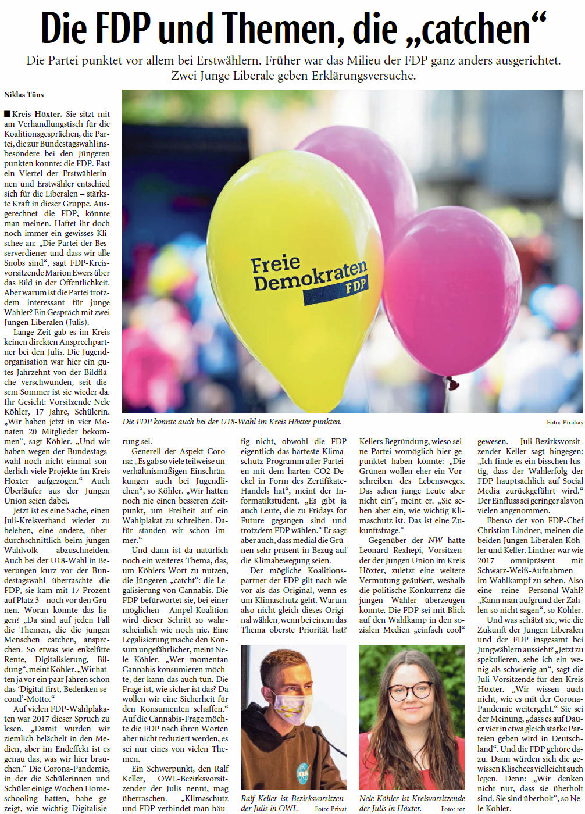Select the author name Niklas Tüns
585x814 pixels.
point(24,94)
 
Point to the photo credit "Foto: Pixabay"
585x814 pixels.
point(564,422)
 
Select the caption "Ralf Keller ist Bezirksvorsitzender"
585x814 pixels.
point(293,799)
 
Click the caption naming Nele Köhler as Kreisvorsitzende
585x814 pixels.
point(412,799)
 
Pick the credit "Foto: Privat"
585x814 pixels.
point(331,809)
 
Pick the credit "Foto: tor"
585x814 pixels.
point(453,809)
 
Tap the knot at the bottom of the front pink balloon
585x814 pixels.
point(452,383)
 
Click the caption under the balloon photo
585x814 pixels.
point(232,422)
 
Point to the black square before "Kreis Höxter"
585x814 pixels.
point(6,114)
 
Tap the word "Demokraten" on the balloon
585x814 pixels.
point(309,276)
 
